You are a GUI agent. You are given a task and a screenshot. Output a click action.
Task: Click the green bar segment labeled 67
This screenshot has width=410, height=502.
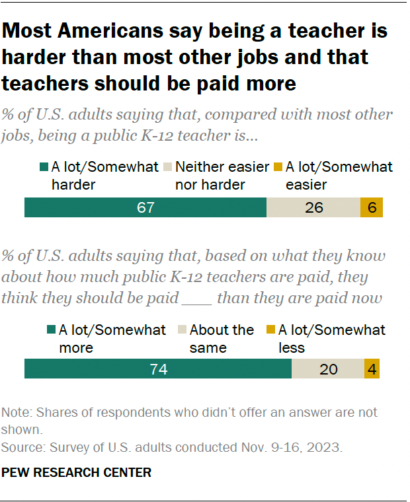145,207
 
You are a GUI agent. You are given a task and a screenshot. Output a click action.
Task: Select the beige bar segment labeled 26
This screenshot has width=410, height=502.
313,207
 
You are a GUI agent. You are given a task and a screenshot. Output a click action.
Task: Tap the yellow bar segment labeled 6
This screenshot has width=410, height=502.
372,207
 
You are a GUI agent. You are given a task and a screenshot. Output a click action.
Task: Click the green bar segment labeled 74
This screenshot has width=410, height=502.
158,369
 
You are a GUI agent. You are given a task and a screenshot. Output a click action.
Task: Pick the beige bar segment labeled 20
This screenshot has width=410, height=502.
328,369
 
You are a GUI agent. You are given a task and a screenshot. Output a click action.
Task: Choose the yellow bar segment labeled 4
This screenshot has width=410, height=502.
372,369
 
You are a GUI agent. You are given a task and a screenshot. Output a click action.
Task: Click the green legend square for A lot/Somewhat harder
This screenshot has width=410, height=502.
44,168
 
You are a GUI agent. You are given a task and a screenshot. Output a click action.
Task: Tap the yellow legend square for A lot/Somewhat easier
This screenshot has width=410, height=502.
278,168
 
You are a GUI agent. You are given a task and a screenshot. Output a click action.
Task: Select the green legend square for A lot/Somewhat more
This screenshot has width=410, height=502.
51,330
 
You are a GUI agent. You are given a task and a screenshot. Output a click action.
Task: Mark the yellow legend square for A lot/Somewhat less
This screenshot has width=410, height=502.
270,330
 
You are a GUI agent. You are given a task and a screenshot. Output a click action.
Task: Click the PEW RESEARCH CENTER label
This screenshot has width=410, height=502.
77,472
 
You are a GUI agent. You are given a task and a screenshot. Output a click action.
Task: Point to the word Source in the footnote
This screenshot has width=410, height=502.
21,447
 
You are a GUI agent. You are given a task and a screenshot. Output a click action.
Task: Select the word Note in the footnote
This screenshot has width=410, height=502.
15,412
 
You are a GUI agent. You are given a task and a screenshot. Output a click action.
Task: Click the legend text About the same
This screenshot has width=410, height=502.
222,338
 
